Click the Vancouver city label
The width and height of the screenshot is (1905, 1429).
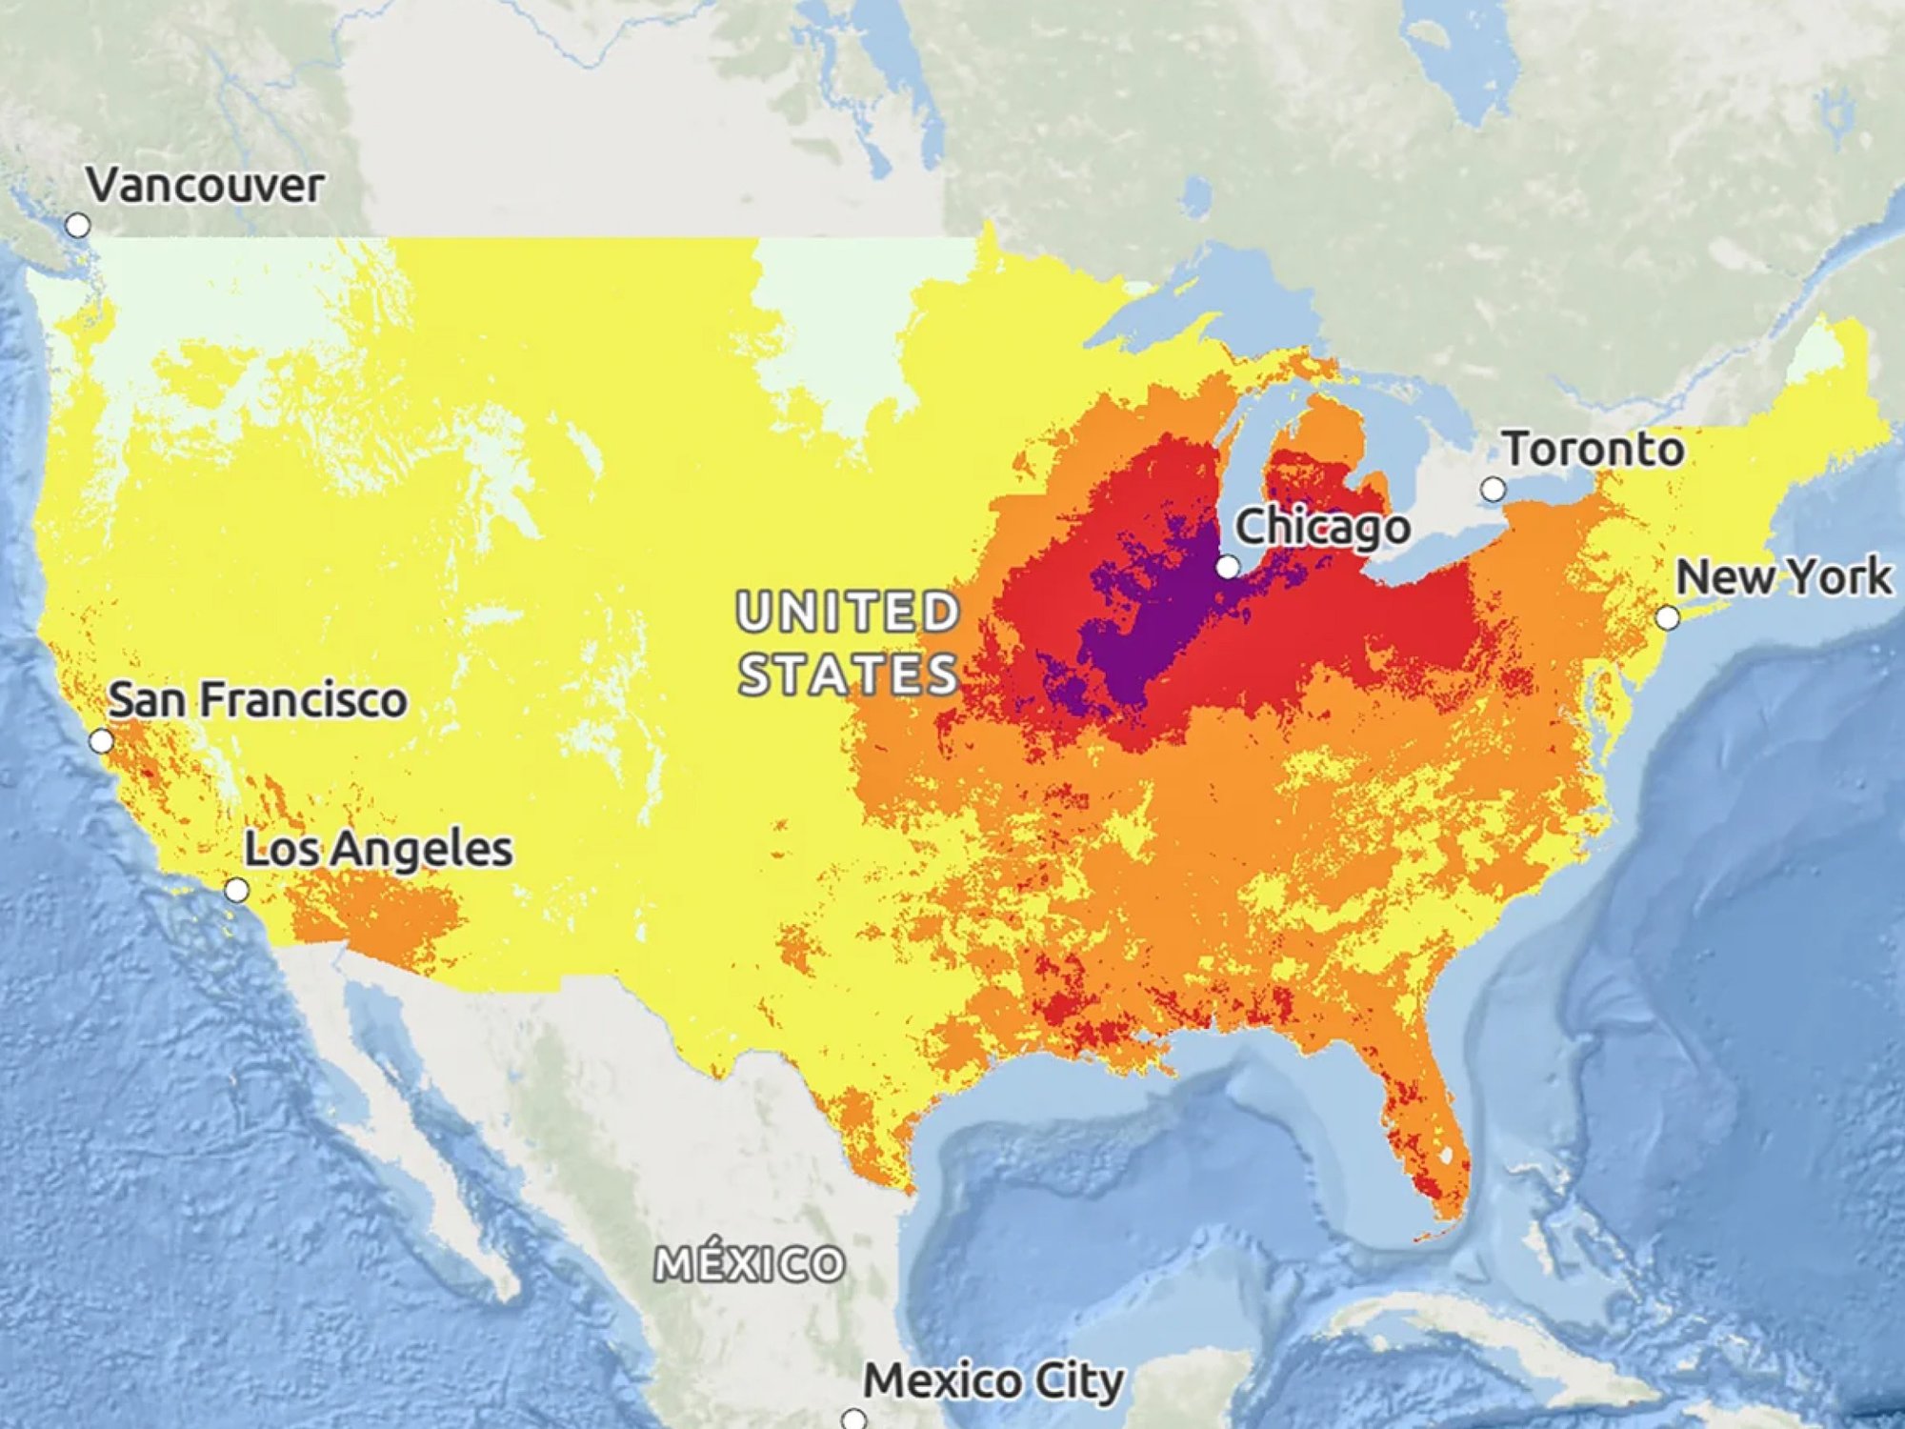205,185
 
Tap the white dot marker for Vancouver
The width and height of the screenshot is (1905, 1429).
78,226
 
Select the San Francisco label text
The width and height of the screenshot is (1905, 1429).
257,700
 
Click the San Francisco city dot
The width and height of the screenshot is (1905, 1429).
101,741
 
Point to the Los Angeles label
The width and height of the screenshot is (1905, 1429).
378,849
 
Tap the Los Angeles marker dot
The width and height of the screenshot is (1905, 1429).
236,891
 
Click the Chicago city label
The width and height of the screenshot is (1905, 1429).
1322,527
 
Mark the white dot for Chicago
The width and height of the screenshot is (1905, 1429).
1229,568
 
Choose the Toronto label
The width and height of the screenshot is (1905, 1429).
1593,449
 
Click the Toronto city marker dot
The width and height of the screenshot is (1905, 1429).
1493,490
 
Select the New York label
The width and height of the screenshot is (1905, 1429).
1783,577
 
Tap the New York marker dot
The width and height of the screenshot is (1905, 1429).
1667,618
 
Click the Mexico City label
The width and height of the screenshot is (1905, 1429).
993,1381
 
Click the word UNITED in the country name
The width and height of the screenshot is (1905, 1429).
848,612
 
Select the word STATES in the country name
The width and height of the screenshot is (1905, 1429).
848,674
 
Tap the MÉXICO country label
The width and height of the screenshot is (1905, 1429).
750,1264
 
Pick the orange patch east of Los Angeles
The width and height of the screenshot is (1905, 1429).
381,915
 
